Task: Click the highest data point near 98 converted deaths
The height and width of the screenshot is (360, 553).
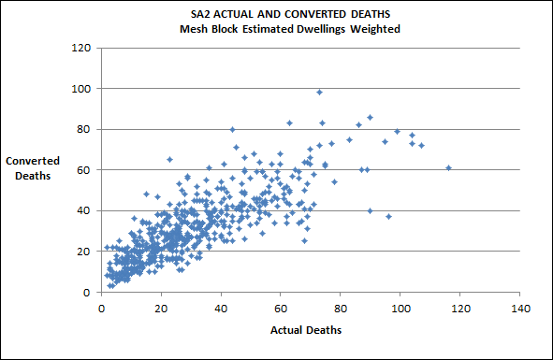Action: point(319,92)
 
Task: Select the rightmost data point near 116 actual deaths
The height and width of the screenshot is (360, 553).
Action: point(448,167)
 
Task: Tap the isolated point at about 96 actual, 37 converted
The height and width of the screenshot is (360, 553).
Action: point(388,216)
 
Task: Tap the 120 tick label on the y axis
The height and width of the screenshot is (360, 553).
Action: point(80,48)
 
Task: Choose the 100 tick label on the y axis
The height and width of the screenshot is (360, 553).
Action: point(80,89)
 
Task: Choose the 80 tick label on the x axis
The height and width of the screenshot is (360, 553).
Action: point(341,308)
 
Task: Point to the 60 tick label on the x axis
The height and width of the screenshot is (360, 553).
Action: point(281,308)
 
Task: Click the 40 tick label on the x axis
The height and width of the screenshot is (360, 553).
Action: point(221,308)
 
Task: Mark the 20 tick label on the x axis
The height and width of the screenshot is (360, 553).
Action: point(161,308)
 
